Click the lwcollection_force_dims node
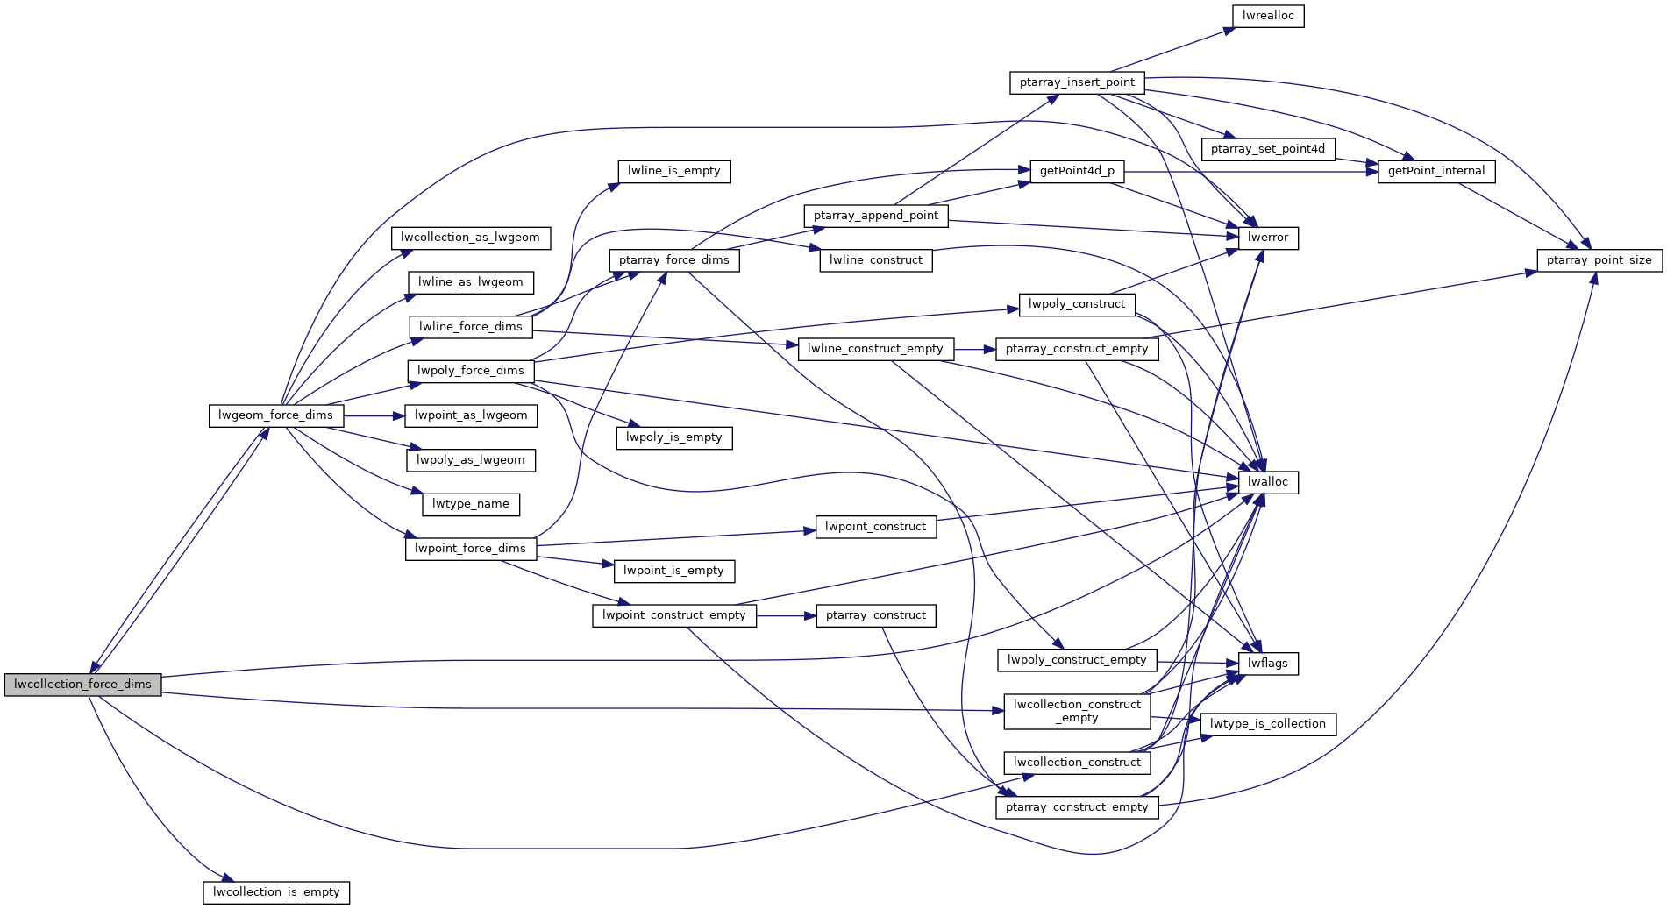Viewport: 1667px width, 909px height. (82, 685)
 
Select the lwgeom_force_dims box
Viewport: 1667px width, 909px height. (275, 415)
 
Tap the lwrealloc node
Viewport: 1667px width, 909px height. (1268, 16)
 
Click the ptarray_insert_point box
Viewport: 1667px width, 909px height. (1077, 82)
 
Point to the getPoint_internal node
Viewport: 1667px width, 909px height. (1435, 171)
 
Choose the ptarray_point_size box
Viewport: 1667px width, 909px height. (1599, 260)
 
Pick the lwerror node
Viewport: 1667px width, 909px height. (1267, 238)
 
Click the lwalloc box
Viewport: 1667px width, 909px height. (1267, 482)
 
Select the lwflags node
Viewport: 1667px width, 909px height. (1267, 664)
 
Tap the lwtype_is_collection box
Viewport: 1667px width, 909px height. (1267, 724)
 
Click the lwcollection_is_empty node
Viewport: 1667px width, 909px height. (276, 892)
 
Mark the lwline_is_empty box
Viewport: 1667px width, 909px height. (673, 171)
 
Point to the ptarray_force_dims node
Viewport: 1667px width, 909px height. (673, 260)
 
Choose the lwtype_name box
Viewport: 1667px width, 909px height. (470, 504)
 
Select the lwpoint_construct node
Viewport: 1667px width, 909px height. (875, 527)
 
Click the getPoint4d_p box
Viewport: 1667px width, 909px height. (1076, 171)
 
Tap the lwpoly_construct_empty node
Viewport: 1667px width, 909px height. (1076, 660)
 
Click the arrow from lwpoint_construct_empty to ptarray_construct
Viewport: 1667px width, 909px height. (786, 616)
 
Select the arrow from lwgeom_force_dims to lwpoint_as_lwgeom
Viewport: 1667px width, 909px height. (374, 415)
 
